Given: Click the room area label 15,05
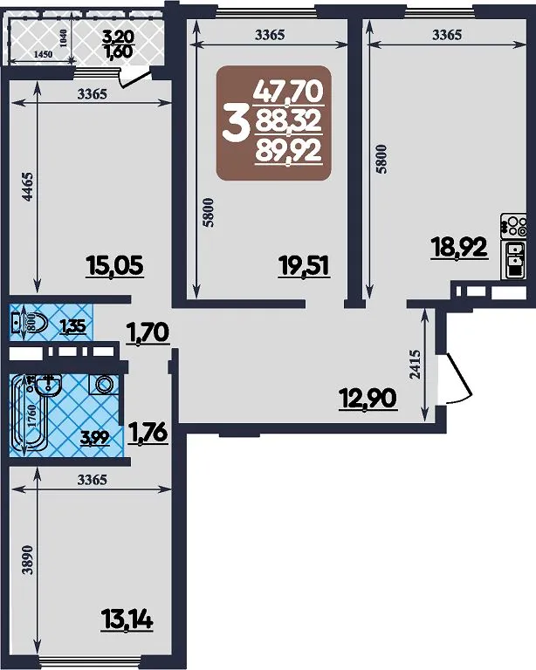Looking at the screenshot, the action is click(x=115, y=266).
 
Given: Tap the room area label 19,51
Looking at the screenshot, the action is click(x=304, y=266).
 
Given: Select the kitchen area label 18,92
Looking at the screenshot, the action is click(x=459, y=248).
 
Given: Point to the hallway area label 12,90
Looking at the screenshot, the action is click(x=368, y=399).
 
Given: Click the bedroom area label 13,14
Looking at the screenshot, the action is click(x=127, y=619).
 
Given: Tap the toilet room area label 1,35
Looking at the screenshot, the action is click(x=72, y=327).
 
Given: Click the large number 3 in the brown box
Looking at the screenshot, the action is click(x=235, y=124).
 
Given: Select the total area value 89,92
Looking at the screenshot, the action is click(x=289, y=152).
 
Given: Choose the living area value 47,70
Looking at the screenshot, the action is click(x=289, y=92).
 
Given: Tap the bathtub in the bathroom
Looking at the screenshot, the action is click(x=18, y=414).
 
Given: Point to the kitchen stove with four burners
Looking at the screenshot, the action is click(x=514, y=226).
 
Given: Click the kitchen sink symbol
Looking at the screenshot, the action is click(x=515, y=260).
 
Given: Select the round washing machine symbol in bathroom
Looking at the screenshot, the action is click(x=103, y=384).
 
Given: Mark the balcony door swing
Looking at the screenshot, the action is click(x=133, y=80).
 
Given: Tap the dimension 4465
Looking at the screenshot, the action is click(x=27, y=187).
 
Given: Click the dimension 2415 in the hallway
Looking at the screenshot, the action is click(x=415, y=365).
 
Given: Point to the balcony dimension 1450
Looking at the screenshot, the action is click(x=43, y=54).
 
